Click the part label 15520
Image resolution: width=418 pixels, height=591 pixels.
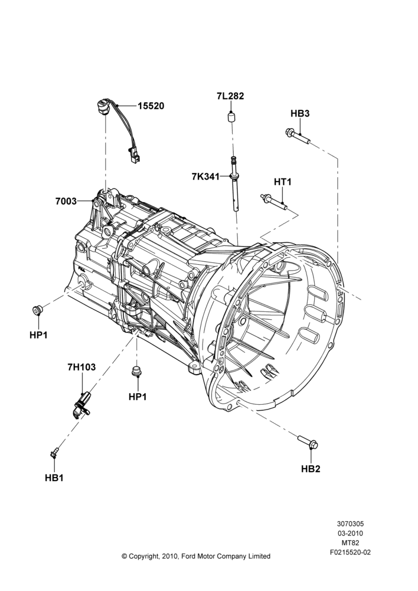[x=151, y=106]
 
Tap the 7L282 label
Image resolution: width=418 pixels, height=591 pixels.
[x=230, y=96]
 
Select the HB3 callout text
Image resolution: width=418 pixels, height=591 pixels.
[x=300, y=113]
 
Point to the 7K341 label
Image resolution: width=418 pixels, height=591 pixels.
[x=205, y=176]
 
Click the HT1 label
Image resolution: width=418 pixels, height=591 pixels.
[x=283, y=182]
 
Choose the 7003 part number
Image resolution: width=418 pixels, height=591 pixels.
[x=66, y=202]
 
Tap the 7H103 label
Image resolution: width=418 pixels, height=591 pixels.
[x=81, y=367]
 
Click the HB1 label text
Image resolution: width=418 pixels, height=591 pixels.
[x=54, y=478]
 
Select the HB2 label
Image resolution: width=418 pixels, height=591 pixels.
[x=311, y=469]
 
